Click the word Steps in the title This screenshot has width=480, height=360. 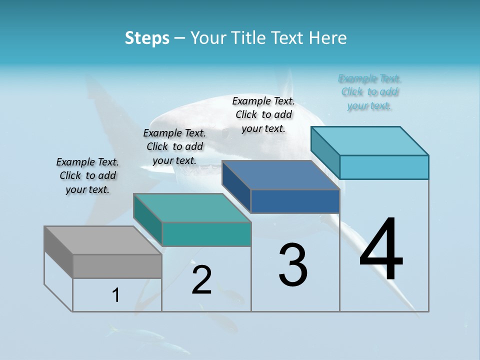[147, 38]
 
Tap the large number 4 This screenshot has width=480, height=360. [381, 250]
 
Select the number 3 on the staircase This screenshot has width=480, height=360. [293, 265]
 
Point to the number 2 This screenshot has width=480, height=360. [202, 280]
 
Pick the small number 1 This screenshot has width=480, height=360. [116, 295]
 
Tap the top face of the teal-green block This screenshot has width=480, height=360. [192, 207]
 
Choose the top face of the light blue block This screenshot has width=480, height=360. [370, 140]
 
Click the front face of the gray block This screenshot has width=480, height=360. [117, 266]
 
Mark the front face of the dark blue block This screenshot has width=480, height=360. [295, 201]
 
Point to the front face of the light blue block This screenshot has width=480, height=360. [384, 167]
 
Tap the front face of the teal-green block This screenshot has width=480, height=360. [206, 234]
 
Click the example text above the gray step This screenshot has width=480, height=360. [87, 175]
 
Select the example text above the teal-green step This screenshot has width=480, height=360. [174, 146]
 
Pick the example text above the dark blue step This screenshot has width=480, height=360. [263, 114]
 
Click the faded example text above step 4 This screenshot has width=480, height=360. [369, 92]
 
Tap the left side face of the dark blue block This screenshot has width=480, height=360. [236, 187]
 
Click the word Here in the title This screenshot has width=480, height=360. [328, 38]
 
